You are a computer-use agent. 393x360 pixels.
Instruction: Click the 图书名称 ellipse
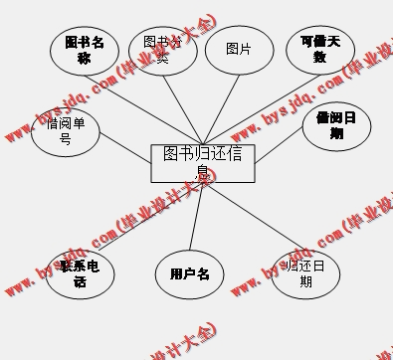point(85,51)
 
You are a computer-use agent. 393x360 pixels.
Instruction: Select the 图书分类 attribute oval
point(162,50)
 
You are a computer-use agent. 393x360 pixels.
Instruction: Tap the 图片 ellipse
point(239,50)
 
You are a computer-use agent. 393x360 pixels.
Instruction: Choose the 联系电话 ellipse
point(80,273)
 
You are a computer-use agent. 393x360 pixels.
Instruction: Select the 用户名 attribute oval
point(189,273)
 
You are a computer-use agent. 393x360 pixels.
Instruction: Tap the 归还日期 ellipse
point(305,273)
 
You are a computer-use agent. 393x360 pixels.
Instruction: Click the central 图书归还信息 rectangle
point(202,163)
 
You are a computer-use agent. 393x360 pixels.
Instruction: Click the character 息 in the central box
point(202,172)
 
